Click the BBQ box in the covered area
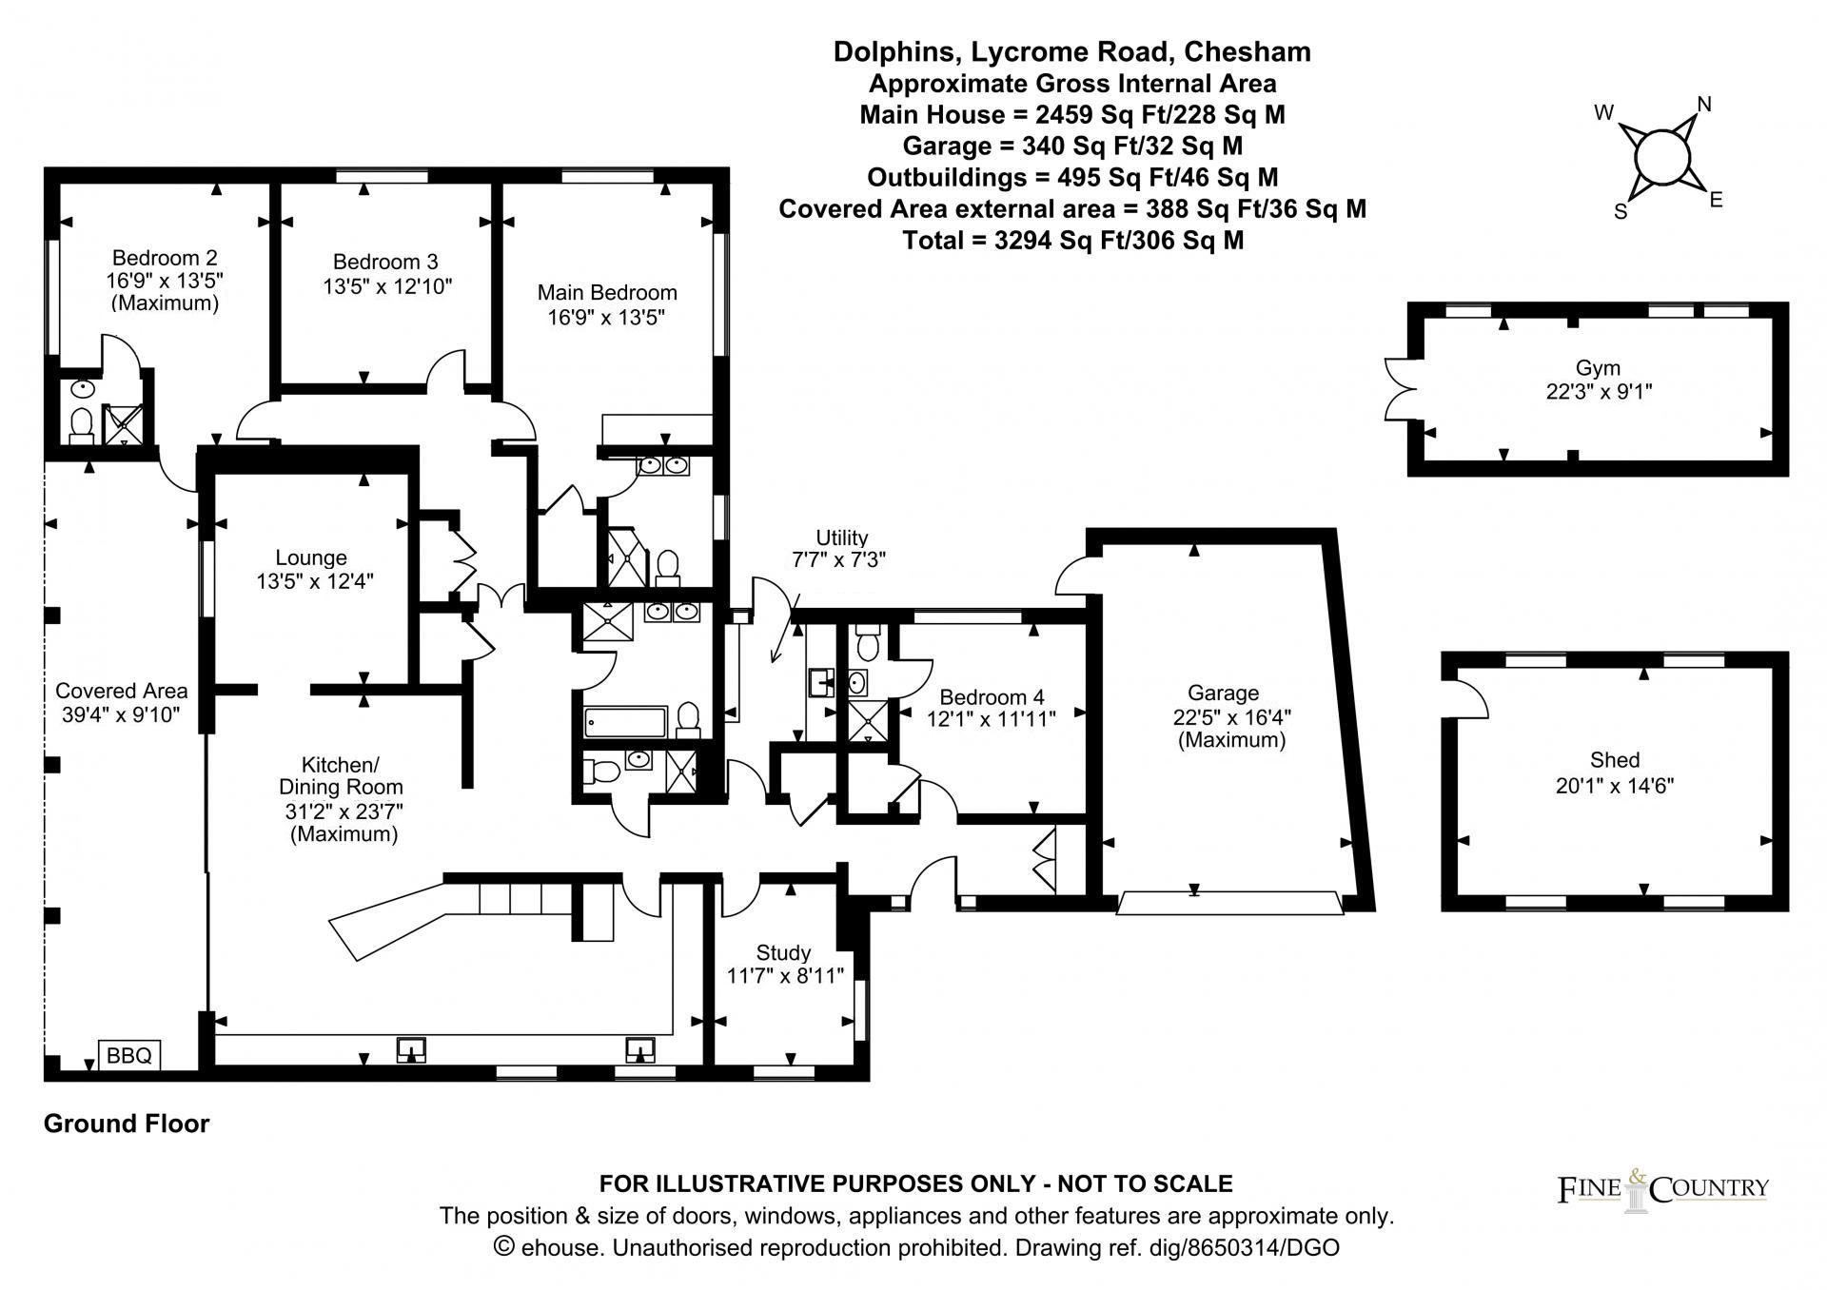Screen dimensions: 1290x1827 [129, 1055]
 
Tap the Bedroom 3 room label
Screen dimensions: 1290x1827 [385, 262]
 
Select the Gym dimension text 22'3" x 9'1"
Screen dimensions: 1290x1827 [1599, 391]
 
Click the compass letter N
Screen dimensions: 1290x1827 [1704, 105]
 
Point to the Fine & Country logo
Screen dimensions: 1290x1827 [1662, 1188]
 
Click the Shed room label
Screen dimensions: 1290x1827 [1615, 759]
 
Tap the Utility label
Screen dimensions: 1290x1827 [841, 537]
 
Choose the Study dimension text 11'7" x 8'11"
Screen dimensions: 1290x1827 [785, 975]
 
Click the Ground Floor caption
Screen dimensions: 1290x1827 [127, 1124]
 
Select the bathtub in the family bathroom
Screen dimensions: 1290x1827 [624, 722]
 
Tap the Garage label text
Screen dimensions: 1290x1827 [1223, 693]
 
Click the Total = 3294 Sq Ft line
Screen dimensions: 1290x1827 [1072, 240]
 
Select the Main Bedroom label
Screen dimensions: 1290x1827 [607, 292]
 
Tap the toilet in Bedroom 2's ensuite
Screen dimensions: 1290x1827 [81, 424]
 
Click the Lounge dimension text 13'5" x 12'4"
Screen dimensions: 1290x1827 [314, 581]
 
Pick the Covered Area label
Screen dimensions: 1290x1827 [121, 691]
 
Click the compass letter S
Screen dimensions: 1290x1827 [1621, 212]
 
